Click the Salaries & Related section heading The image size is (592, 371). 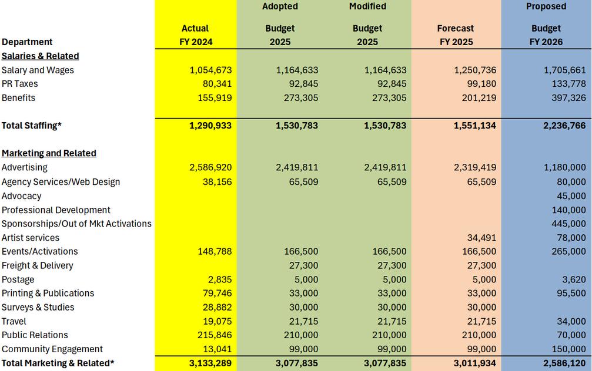(x=40, y=56)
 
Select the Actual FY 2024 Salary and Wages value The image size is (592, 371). (x=210, y=70)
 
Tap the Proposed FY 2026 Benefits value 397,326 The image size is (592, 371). (x=566, y=98)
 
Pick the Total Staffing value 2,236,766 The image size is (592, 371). (x=561, y=126)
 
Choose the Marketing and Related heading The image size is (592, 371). (x=49, y=153)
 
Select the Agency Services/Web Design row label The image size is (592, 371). (x=61, y=182)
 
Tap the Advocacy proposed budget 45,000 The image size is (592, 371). (x=571, y=196)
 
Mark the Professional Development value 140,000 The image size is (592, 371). (x=568, y=210)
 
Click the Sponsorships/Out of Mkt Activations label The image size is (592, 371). (x=76, y=224)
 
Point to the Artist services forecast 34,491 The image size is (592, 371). (x=481, y=238)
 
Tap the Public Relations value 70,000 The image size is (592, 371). (x=571, y=335)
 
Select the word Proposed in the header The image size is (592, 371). (x=546, y=6)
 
